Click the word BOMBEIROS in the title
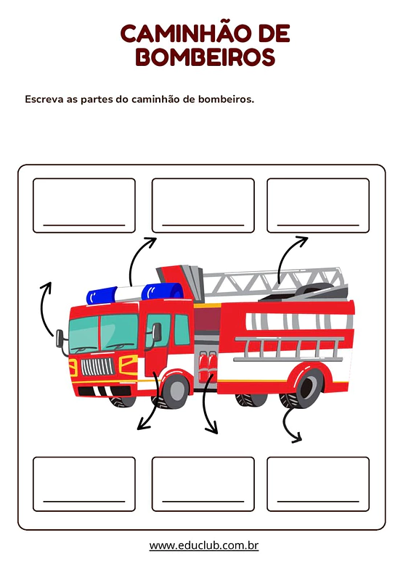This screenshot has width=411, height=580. pyautogui.click(x=206, y=57)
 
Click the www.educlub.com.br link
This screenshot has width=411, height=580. pyautogui.click(x=204, y=545)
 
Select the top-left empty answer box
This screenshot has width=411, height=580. pyautogui.click(x=84, y=205)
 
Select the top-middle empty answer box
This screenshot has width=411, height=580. pyautogui.click(x=203, y=205)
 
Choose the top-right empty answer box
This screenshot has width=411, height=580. pyautogui.click(x=318, y=205)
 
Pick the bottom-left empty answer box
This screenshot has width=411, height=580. pyautogui.click(x=84, y=484)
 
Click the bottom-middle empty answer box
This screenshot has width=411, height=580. pyautogui.click(x=203, y=484)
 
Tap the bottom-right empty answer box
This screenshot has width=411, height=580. pyautogui.click(x=318, y=484)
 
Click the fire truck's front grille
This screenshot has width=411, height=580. pyautogui.click(x=97, y=366)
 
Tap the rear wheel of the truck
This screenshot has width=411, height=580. pyautogui.click(x=303, y=387)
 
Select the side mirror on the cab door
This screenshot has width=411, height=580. pyautogui.click(x=156, y=332)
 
